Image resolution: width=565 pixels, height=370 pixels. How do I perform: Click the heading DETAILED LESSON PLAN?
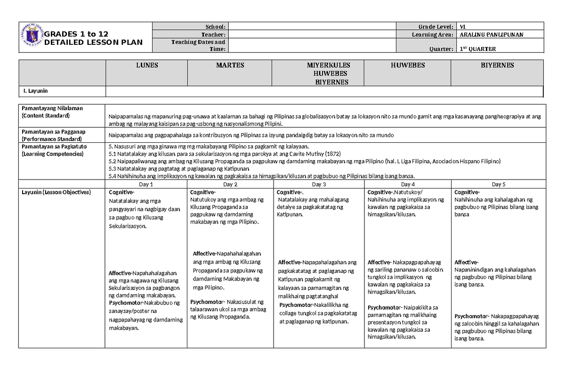(x=93, y=42)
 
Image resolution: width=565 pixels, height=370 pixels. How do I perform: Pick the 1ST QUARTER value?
(x=478, y=49)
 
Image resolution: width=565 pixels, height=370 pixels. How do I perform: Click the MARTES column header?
(x=230, y=66)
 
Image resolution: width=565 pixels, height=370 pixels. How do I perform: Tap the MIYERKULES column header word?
(x=328, y=66)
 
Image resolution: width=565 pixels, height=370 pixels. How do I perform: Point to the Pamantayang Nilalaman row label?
(x=49, y=108)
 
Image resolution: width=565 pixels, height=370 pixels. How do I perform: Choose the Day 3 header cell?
(x=319, y=184)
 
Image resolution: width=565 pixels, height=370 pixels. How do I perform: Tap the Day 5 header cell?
(x=499, y=184)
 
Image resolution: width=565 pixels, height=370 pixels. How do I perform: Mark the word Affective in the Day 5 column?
(x=466, y=262)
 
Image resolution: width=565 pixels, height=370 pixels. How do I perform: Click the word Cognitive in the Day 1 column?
(x=121, y=192)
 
